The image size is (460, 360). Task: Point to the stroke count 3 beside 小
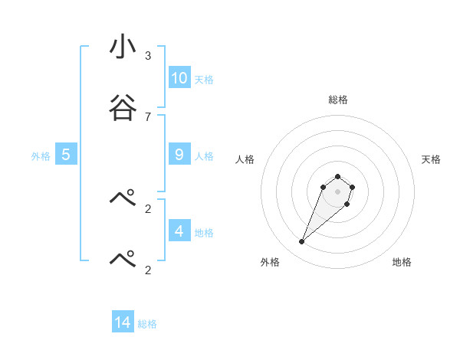pyautogui.click(x=148, y=56)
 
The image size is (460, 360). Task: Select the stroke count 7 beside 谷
pyautogui.click(x=148, y=116)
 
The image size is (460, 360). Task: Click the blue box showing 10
pyautogui.click(x=179, y=77)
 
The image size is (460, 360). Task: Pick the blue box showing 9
pyautogui.click(x=179, y=155)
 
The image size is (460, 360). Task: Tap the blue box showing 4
pyautogui.click(x=179, y=231)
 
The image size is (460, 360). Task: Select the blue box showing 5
pyautogui.click(x=66, y=155)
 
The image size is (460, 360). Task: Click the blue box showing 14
pyautogui.click(x=123, y=322)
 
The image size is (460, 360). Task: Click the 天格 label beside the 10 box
pyautogui.click(x=203, y=80)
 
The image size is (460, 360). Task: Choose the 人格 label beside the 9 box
pyautogui.click(x=203, y=156)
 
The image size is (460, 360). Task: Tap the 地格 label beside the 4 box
pyautogui.click(x=203, y=233)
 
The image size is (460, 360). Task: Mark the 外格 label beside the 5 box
pyautogui.click(x=41, y=156)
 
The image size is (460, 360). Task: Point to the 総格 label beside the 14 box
pyautogui.click(x=147, y=324)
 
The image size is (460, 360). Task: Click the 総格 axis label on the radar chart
pyautogui.click(x=337, y=100)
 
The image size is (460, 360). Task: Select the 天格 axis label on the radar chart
pyautogui.click(x=431, y=159)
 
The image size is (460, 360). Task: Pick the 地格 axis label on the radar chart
pyautogui.click(x=402, y=262)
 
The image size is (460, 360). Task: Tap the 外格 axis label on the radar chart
pyautogui.click(x=270, y=262)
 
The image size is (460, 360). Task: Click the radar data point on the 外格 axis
pyautogui.click(x=302, y=242)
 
